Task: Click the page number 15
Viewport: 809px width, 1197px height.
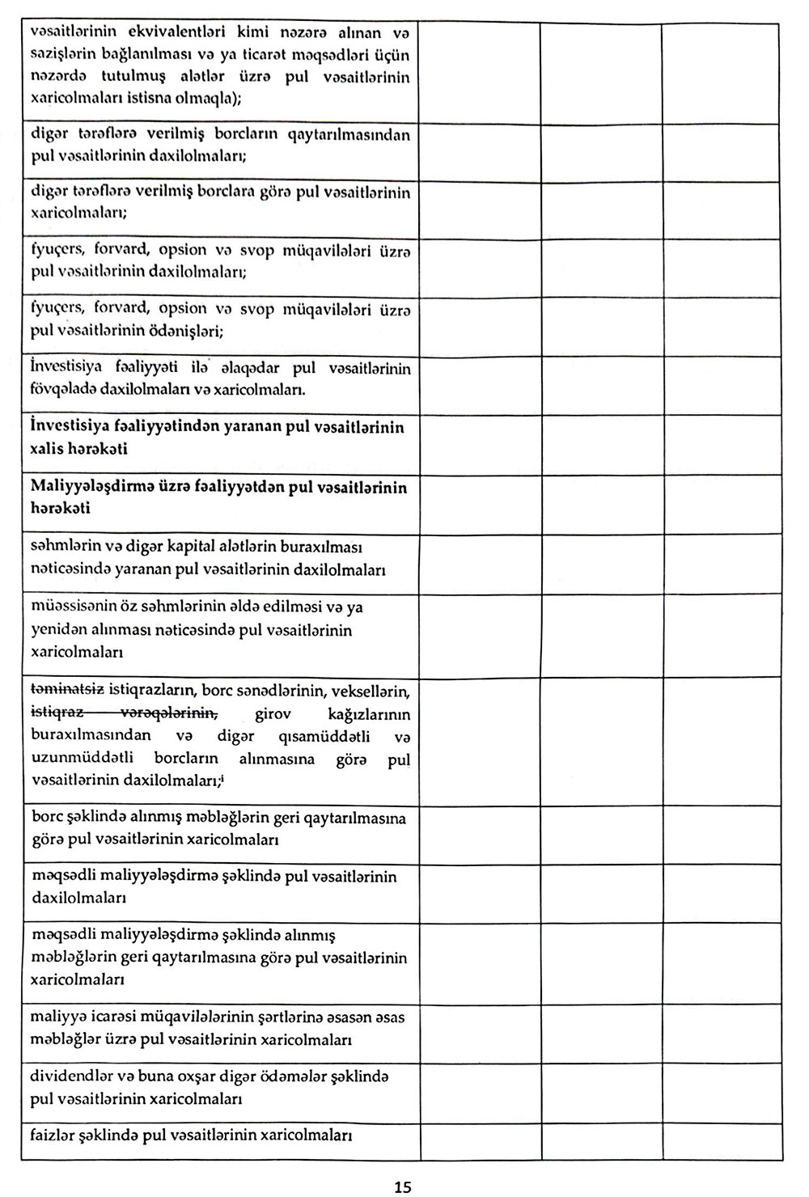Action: (x=402, y=1187)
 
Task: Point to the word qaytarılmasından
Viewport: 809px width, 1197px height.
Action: (x=357, y=135)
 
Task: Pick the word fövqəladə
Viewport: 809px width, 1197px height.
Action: (x=66, y=389)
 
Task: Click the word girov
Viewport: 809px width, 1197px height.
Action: (x=273, y=714)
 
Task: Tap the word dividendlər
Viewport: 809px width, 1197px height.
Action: (x=74, y=1076)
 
